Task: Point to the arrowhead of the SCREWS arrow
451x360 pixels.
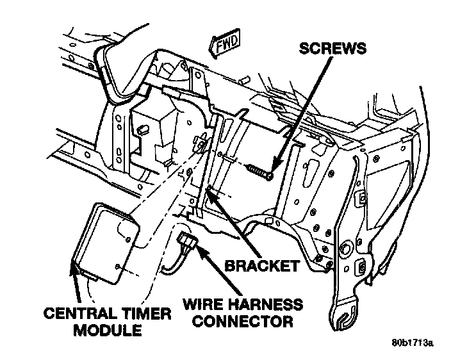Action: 274,168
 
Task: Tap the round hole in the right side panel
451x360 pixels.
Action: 347,246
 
